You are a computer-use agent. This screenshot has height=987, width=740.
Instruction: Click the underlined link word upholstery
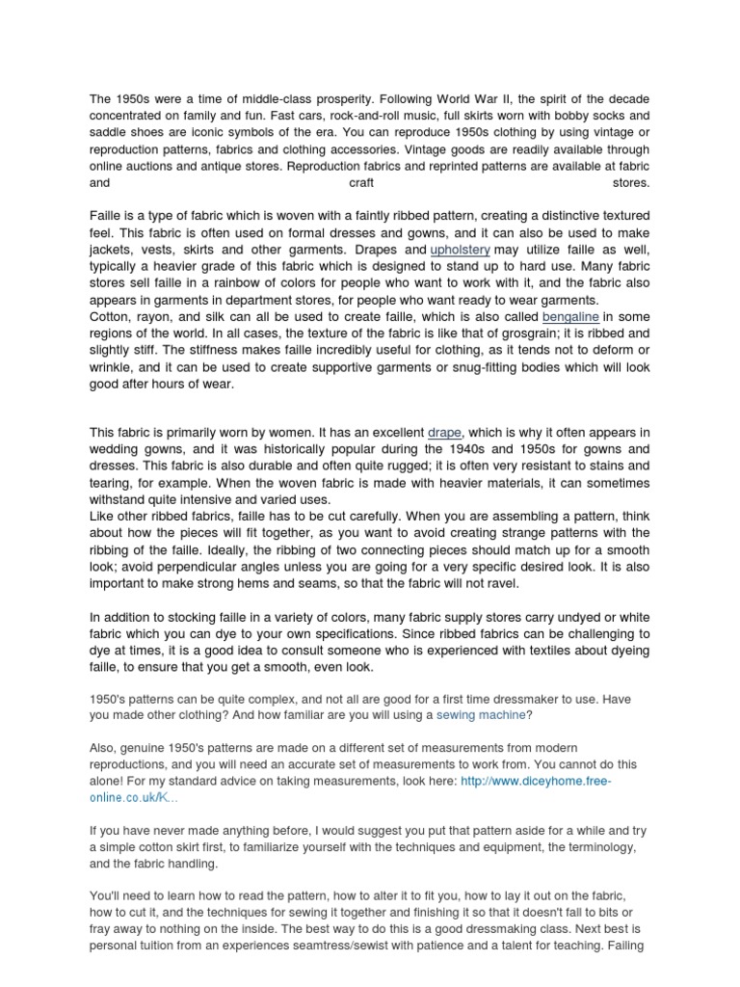tap(460, 250)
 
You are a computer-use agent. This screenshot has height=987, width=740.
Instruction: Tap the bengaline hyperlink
tap(570, 316)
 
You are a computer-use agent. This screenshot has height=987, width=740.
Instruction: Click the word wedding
tap(116, 449)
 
